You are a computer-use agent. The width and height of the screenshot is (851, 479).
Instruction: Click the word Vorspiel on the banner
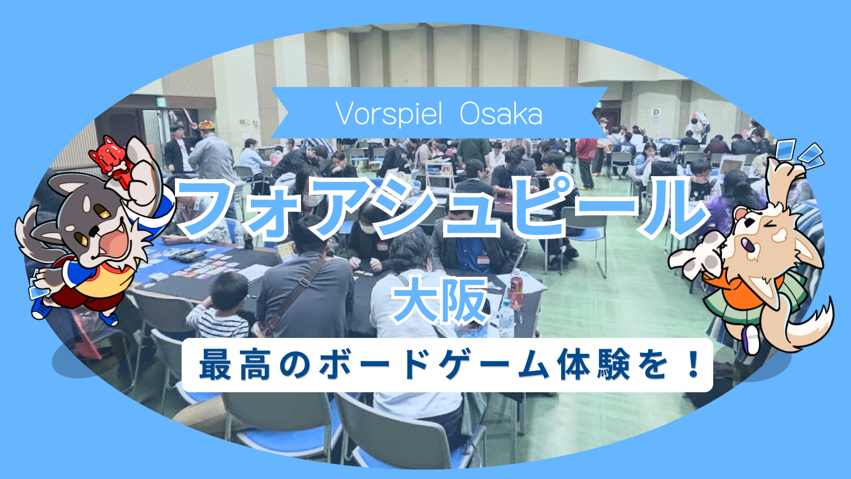tap(389, 114)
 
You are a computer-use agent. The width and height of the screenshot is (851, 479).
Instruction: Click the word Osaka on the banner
tap(501, 114)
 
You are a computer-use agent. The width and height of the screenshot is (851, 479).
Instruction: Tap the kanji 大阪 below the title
tap(440, 300)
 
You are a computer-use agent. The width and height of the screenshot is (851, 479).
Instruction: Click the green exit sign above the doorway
tap(162, 102)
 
